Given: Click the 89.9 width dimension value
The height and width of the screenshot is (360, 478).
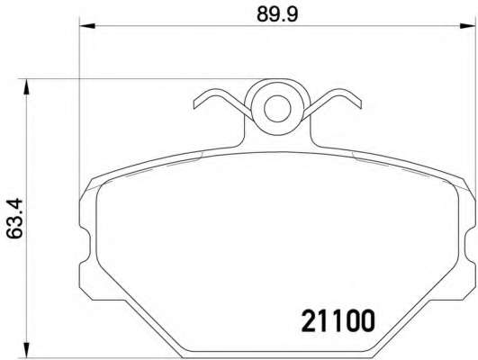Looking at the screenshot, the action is pos(276,14).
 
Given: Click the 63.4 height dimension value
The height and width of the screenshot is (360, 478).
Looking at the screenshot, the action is pos(14,218).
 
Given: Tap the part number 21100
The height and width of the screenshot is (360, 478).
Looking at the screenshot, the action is pos(338,320).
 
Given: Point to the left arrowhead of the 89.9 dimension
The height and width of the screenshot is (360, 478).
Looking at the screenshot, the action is pos(87,26).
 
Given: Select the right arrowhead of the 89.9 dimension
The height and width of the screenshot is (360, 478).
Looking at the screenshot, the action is pos(467,26).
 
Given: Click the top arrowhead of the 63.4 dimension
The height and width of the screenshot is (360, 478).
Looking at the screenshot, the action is pos(27,87).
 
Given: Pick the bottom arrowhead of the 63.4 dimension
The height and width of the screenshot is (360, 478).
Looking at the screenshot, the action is pos(27,350).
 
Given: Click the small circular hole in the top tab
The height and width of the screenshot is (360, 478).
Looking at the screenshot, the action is pos(277,109).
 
